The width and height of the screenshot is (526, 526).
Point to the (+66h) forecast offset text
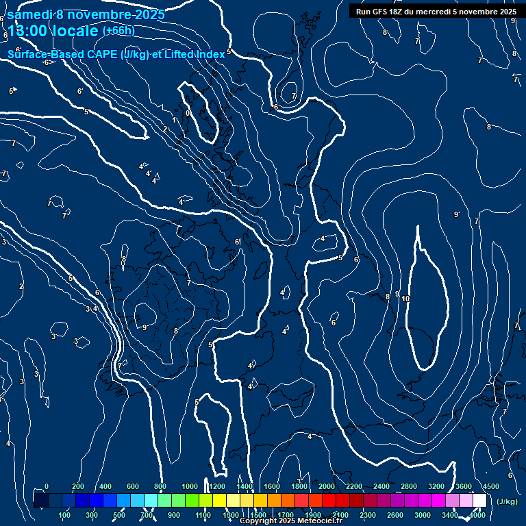(x=118, y=30)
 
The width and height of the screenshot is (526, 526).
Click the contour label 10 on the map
(x=405, y=299)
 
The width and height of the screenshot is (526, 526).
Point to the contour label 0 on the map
(x=188, y=114)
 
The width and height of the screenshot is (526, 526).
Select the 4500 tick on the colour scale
(x=491, y=486)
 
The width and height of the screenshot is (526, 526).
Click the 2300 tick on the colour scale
(x=368, y=515)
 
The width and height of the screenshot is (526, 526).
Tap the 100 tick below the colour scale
(x=65, y=515)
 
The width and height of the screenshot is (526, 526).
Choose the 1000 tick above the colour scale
(x=190, y=486)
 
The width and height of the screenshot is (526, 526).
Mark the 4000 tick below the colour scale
(x=477, y=515)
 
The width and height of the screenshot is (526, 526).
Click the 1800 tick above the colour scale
(x=299, y=486)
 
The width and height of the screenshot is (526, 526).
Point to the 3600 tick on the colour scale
(x=464, y=486)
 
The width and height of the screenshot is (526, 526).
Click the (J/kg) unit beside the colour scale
(x=507, y=502)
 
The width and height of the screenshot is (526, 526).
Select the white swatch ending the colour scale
(x=479, y=501)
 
